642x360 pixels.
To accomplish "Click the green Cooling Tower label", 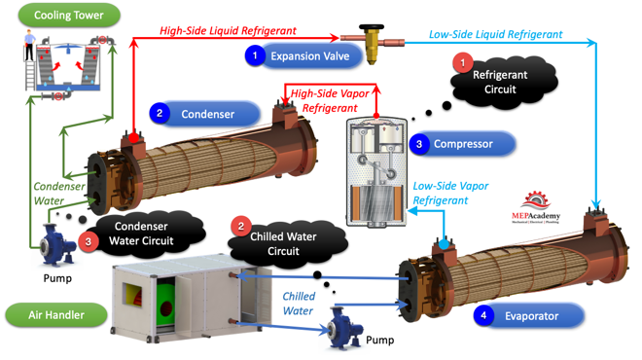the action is point(69,16).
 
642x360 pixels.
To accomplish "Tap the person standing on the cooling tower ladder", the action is point(29,45).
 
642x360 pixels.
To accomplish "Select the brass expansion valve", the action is point(372,44).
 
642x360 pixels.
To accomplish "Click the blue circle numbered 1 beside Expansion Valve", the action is point(255,54).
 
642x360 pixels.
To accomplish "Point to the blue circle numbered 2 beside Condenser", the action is point(160,113).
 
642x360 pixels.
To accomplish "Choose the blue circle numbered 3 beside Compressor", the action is point(419,144).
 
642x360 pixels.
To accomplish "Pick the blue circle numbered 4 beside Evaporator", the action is point(483,315).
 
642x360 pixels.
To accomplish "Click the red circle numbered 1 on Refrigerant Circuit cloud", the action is point(463,63).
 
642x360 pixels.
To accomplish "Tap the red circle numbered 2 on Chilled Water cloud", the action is point(241,227).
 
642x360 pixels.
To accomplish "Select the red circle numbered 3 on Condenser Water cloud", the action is point(88,241).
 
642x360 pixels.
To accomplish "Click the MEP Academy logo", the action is point(536,207).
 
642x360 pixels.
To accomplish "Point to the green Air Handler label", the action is point(56,315).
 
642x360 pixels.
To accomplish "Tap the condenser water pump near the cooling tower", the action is point(56,246).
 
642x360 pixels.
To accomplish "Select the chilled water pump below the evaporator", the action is point(345,328).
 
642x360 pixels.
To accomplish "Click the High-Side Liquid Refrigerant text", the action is point(228,31).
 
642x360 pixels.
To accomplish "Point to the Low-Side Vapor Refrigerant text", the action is point(450,193).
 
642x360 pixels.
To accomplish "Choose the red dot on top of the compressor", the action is point(376,116).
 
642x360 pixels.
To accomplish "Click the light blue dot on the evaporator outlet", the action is point(444,245).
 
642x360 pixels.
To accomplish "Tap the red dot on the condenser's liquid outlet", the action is point(133,138).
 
